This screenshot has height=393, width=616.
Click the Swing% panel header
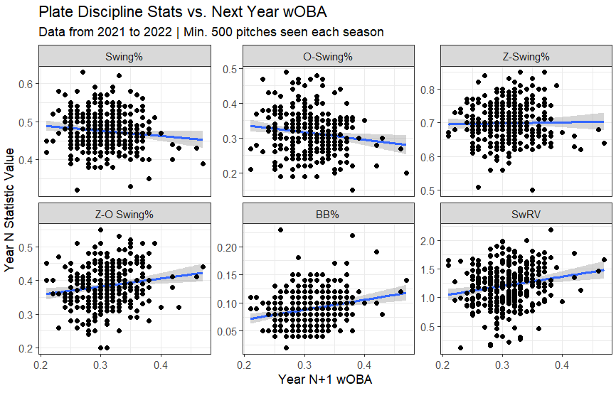(x=124, y=56)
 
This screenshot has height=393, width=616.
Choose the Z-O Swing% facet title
(x=124, y=212)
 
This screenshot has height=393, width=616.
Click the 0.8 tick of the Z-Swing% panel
(x=426, y=90)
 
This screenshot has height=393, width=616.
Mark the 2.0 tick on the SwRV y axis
(x=426, y=240)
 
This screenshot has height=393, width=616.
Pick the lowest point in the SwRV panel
(x=460, y=348)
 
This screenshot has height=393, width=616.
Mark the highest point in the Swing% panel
(x=83, y=72)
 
